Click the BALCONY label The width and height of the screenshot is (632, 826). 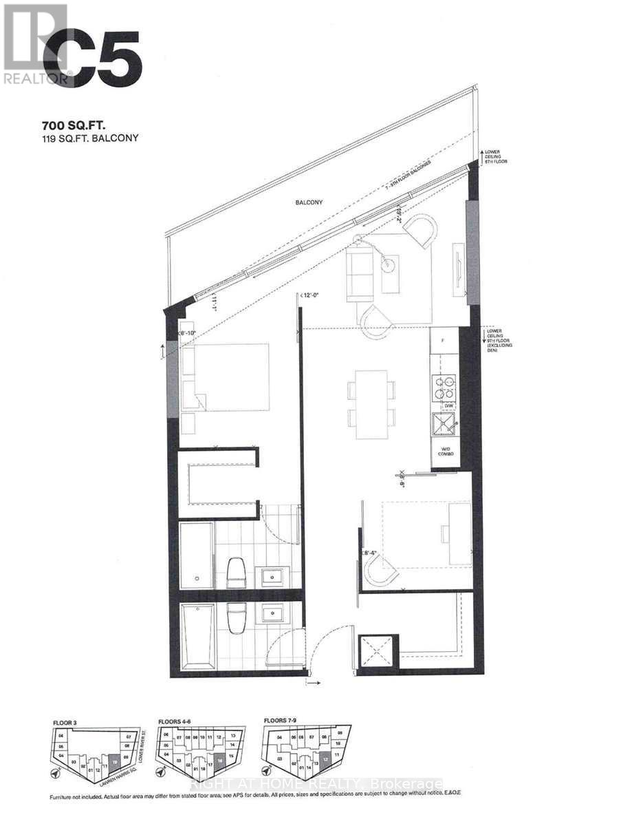point(309,202)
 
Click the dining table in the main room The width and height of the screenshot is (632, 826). point(371,405)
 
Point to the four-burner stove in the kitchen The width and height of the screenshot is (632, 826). point(443,388)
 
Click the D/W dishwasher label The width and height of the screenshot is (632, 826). point(447,407)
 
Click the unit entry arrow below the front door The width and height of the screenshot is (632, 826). point(313,684)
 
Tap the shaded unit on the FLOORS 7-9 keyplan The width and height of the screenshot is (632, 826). point(325,762)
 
